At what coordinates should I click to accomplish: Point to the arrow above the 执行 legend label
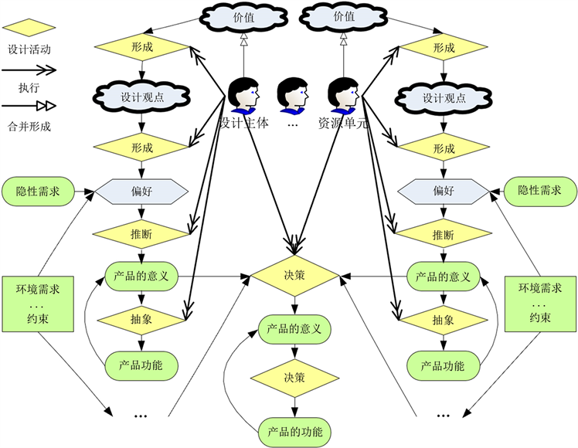tap(29, 69)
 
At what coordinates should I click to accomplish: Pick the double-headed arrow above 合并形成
tap(29, 107)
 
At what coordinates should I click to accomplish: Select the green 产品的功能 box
tap(294, 431)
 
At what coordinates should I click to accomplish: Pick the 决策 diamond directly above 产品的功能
tap(294, 378)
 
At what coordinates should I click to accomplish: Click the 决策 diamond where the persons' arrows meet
tap(294, 273)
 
